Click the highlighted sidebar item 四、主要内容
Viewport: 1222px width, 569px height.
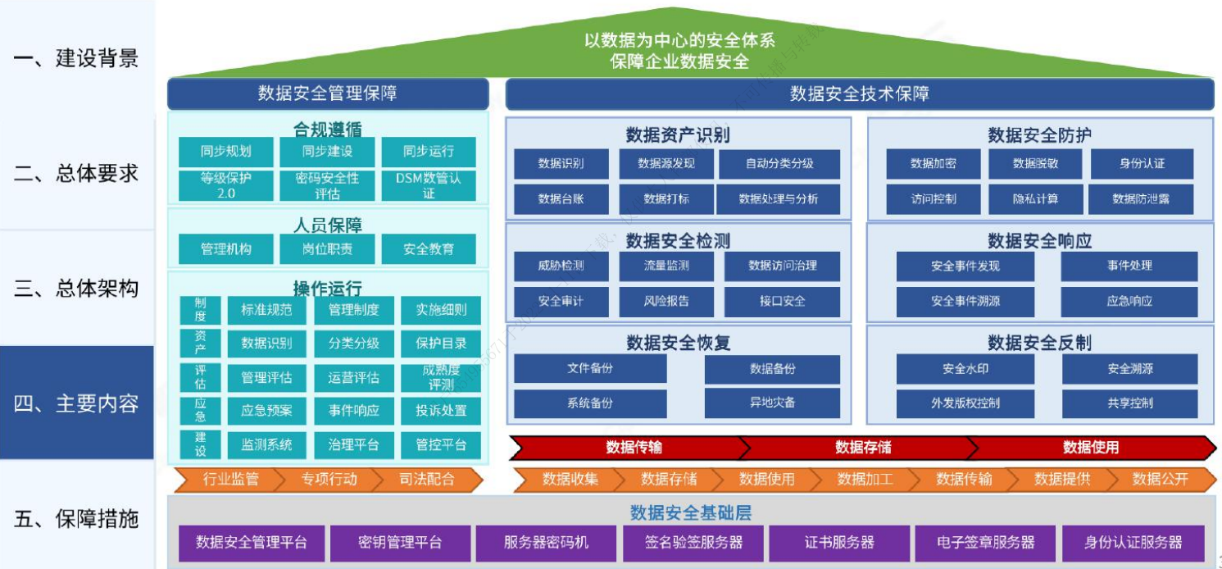(x=76, y=403)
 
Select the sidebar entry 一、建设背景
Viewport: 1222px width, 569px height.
(x=76, y=58)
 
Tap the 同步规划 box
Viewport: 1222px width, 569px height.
(x=225, y=152)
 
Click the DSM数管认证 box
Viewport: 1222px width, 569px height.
(x=429, y=185)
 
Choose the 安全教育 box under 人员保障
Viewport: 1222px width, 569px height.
(x=429, y=249)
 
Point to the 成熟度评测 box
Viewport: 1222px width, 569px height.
(x=442, y=378)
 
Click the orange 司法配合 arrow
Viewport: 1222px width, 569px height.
(x=427, y=480)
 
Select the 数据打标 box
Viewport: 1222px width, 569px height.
(x=666, y=198)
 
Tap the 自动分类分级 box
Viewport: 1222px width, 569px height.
(x=779, y=163)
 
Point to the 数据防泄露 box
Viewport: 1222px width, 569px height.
(x=1141, y=198)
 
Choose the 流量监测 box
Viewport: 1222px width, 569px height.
(x=666, y=266)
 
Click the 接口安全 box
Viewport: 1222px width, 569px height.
(x=782, y=301)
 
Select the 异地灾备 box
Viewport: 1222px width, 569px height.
(x=772, y=403)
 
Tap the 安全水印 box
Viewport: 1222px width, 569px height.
(x=965, y=369)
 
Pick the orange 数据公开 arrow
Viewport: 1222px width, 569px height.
(x=1160, y=480)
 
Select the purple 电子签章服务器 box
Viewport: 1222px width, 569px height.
(x=985, y=543)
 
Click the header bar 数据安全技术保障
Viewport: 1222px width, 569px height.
(x=859, y=93)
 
